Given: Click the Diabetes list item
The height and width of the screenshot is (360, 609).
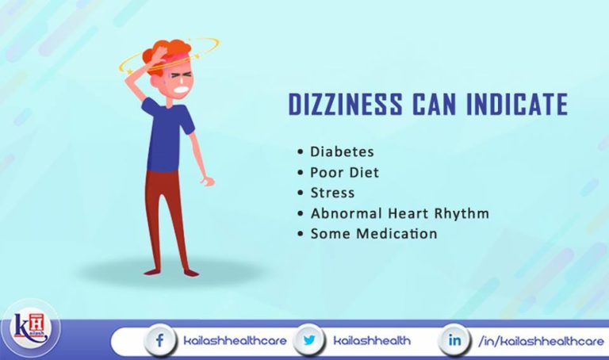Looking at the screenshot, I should coord(342,150).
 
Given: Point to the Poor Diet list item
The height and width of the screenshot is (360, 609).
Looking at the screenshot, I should coord(345,171).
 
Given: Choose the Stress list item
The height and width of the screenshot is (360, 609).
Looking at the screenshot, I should coord(332,192).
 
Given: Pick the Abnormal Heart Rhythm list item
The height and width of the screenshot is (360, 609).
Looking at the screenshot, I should coord(400,213).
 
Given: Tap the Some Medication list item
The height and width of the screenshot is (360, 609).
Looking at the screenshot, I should coord(373,234).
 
